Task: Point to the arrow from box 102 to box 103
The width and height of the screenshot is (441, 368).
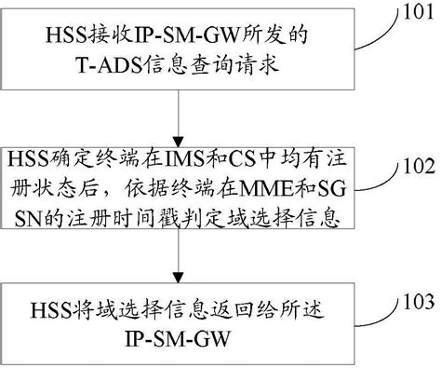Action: pyautogui.click(x=177, y=262)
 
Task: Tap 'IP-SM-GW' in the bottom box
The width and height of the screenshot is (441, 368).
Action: pyautogui.click(x=177, y=333)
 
